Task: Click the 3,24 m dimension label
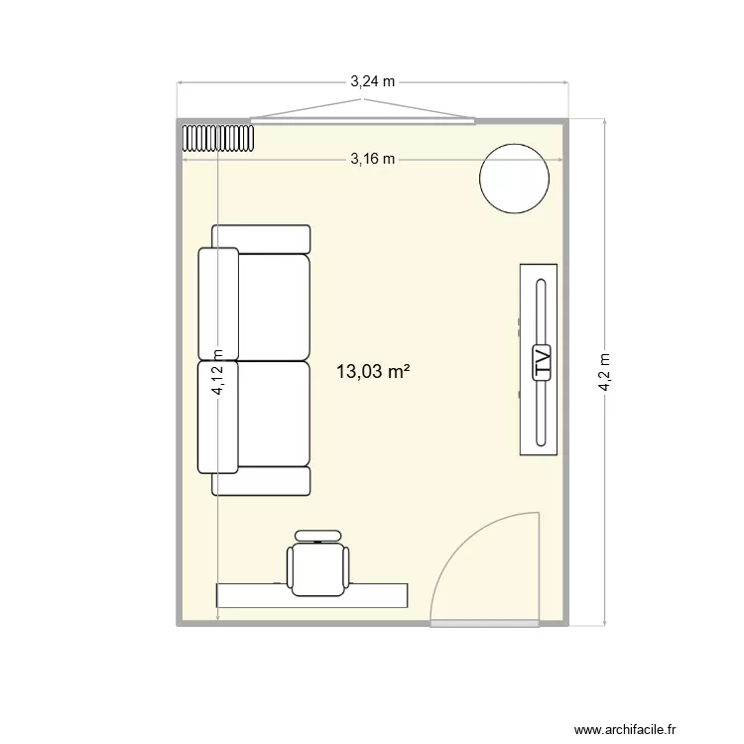click(373, 83)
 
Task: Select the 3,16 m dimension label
click(373, 158)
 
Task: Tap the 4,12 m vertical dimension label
click(218, 378)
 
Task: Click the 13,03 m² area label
click(374, 372)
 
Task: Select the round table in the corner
click(514, 178)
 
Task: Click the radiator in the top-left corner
click(218, 137)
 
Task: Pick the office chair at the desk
click(318, 565)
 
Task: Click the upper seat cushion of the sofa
click(274, 307)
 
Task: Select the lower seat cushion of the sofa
click(274, 414)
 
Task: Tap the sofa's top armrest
click(262, 238)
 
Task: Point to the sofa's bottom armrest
click(262, 482)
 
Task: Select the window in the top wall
click(362, 121)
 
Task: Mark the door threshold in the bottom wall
click(486, 624)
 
